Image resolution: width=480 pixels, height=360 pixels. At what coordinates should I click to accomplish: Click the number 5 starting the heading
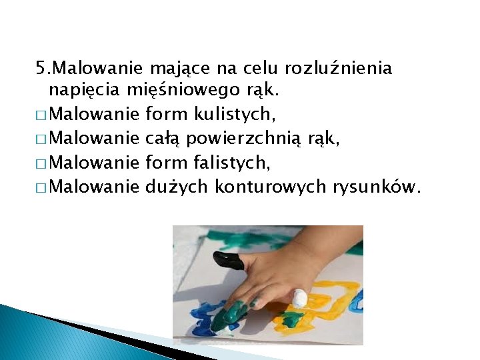point(41,69)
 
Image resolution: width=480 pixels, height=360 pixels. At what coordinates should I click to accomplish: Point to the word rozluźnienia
point(338,69)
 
